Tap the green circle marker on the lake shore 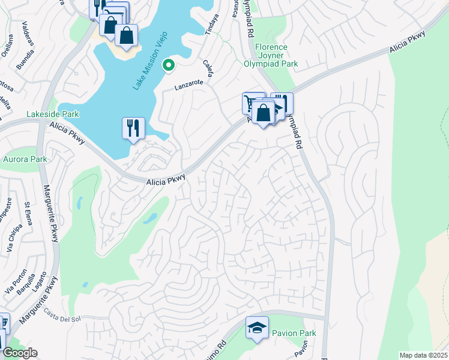(169, 65)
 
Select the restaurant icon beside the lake (133, 128)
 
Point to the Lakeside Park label (53, 114)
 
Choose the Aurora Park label (25, 159)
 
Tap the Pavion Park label (285, 332)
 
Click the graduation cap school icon (257, 328)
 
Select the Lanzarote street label (190, 86)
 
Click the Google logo (19, 353)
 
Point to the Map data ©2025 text (423, 355)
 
